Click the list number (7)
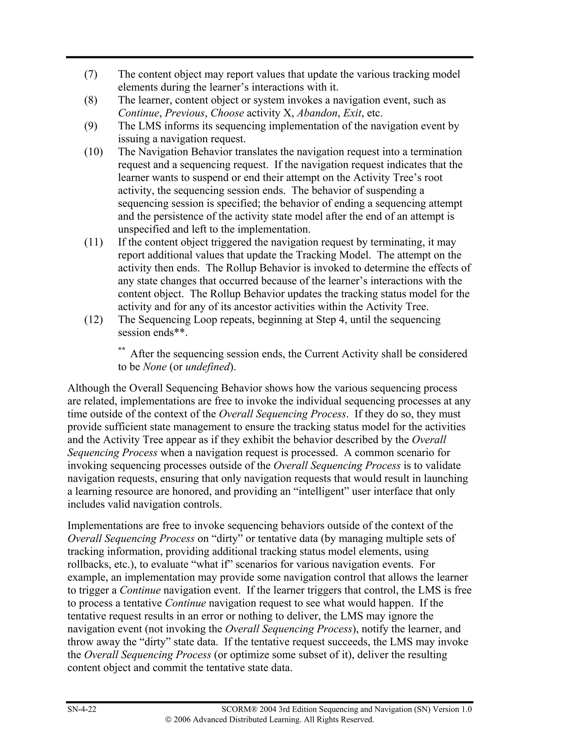pos(91,74)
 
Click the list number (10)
pos(93,152)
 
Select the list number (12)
pos(93,320)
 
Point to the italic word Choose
pos(227,113)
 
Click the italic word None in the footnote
pos(155,367)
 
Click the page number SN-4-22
pos(82,709)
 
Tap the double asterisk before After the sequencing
pos(121,350)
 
